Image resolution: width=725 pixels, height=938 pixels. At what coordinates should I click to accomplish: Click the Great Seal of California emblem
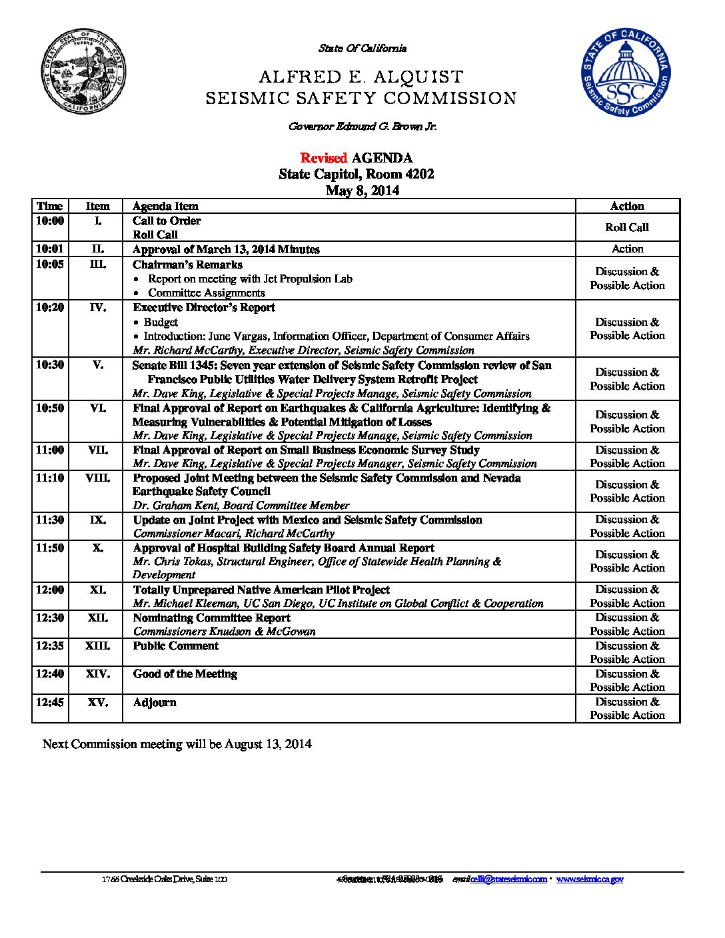85,71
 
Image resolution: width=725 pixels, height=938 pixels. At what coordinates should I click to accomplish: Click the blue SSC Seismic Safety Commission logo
624,73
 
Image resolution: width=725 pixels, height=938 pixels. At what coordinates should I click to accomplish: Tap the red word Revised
323,158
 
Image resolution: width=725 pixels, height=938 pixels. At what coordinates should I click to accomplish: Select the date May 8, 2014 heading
362,191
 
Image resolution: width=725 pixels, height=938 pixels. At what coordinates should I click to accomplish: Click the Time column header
50,206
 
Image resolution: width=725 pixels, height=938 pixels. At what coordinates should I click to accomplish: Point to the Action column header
627,206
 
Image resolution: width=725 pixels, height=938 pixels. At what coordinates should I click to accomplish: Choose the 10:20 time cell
50,308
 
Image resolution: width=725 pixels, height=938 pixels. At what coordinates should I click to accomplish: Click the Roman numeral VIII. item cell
97,478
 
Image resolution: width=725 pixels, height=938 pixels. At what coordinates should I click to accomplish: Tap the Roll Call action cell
627,227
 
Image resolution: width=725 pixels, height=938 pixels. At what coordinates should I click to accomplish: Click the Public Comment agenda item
175,646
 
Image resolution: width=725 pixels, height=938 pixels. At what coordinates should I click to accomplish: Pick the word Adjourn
155,702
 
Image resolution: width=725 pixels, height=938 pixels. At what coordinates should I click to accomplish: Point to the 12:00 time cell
50,590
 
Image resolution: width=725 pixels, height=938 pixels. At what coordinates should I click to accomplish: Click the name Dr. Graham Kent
176,505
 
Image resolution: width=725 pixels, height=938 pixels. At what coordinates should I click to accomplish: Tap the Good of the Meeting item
185,674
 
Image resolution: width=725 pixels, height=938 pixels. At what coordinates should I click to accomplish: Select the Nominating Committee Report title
211,618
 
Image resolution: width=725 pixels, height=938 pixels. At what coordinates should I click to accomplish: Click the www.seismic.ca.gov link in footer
590,879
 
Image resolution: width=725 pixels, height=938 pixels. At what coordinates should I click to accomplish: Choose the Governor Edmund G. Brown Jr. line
362,126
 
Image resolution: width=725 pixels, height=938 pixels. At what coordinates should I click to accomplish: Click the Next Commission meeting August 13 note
177,743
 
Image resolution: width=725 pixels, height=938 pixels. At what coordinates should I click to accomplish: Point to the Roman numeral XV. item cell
97,702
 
